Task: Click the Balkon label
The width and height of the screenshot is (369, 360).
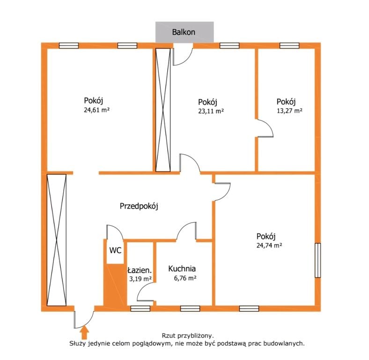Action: (184, 32)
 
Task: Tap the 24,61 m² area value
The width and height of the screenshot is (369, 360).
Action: (97, 110)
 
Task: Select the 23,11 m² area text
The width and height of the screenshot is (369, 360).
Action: (211, 111)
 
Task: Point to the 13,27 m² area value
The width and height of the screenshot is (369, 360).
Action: (289, 111)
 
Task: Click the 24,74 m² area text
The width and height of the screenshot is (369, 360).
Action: (269, 246)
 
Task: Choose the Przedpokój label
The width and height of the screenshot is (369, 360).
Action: (139, 206)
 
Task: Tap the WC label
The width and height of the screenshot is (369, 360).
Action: (115, 250)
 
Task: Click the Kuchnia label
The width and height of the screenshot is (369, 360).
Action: (182, 269)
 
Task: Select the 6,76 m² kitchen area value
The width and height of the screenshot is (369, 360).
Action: (185, 278)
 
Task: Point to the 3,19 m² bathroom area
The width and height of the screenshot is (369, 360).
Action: (140, 279)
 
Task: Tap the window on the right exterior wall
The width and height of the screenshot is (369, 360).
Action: (317, 260)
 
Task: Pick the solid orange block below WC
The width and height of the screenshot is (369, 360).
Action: (114, 285)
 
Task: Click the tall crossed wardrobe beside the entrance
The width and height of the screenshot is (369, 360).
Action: (57, 240)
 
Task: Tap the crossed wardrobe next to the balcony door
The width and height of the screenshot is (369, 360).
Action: (163, 110)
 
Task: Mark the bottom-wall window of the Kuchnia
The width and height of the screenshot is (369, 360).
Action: (190, 308)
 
